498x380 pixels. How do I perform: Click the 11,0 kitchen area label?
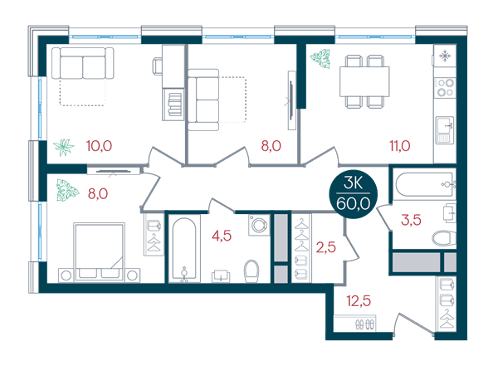tap(400, 146)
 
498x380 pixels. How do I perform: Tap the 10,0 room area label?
tap(99, 146)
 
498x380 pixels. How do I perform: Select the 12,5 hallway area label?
tap(359, 300)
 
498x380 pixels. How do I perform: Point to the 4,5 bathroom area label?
tap(222, 236)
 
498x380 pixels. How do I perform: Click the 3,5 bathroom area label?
tap(411, 220)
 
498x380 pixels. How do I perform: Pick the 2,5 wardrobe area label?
tap(326, 247)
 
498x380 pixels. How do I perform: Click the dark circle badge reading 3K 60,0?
tap(354, 196)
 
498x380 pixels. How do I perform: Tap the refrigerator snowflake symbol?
tap(445, 56)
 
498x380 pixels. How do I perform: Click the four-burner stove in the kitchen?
tap(445, 88)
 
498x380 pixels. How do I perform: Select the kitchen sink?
tap(445, 130)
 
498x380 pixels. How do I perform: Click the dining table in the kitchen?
tap(364, 81)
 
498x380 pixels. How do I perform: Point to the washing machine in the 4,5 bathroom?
tap(259, 225)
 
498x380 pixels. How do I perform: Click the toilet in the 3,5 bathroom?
tap(444, 238)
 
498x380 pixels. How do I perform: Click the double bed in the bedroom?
tap(99, 252)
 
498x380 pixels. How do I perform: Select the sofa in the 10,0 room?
tap(82, 63)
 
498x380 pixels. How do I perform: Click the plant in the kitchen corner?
tap(320, 59)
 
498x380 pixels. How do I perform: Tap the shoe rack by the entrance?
tap(354, 324)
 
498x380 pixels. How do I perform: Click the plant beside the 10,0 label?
tap(64, 148)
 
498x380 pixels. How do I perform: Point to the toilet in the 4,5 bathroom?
tap(251, 271)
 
